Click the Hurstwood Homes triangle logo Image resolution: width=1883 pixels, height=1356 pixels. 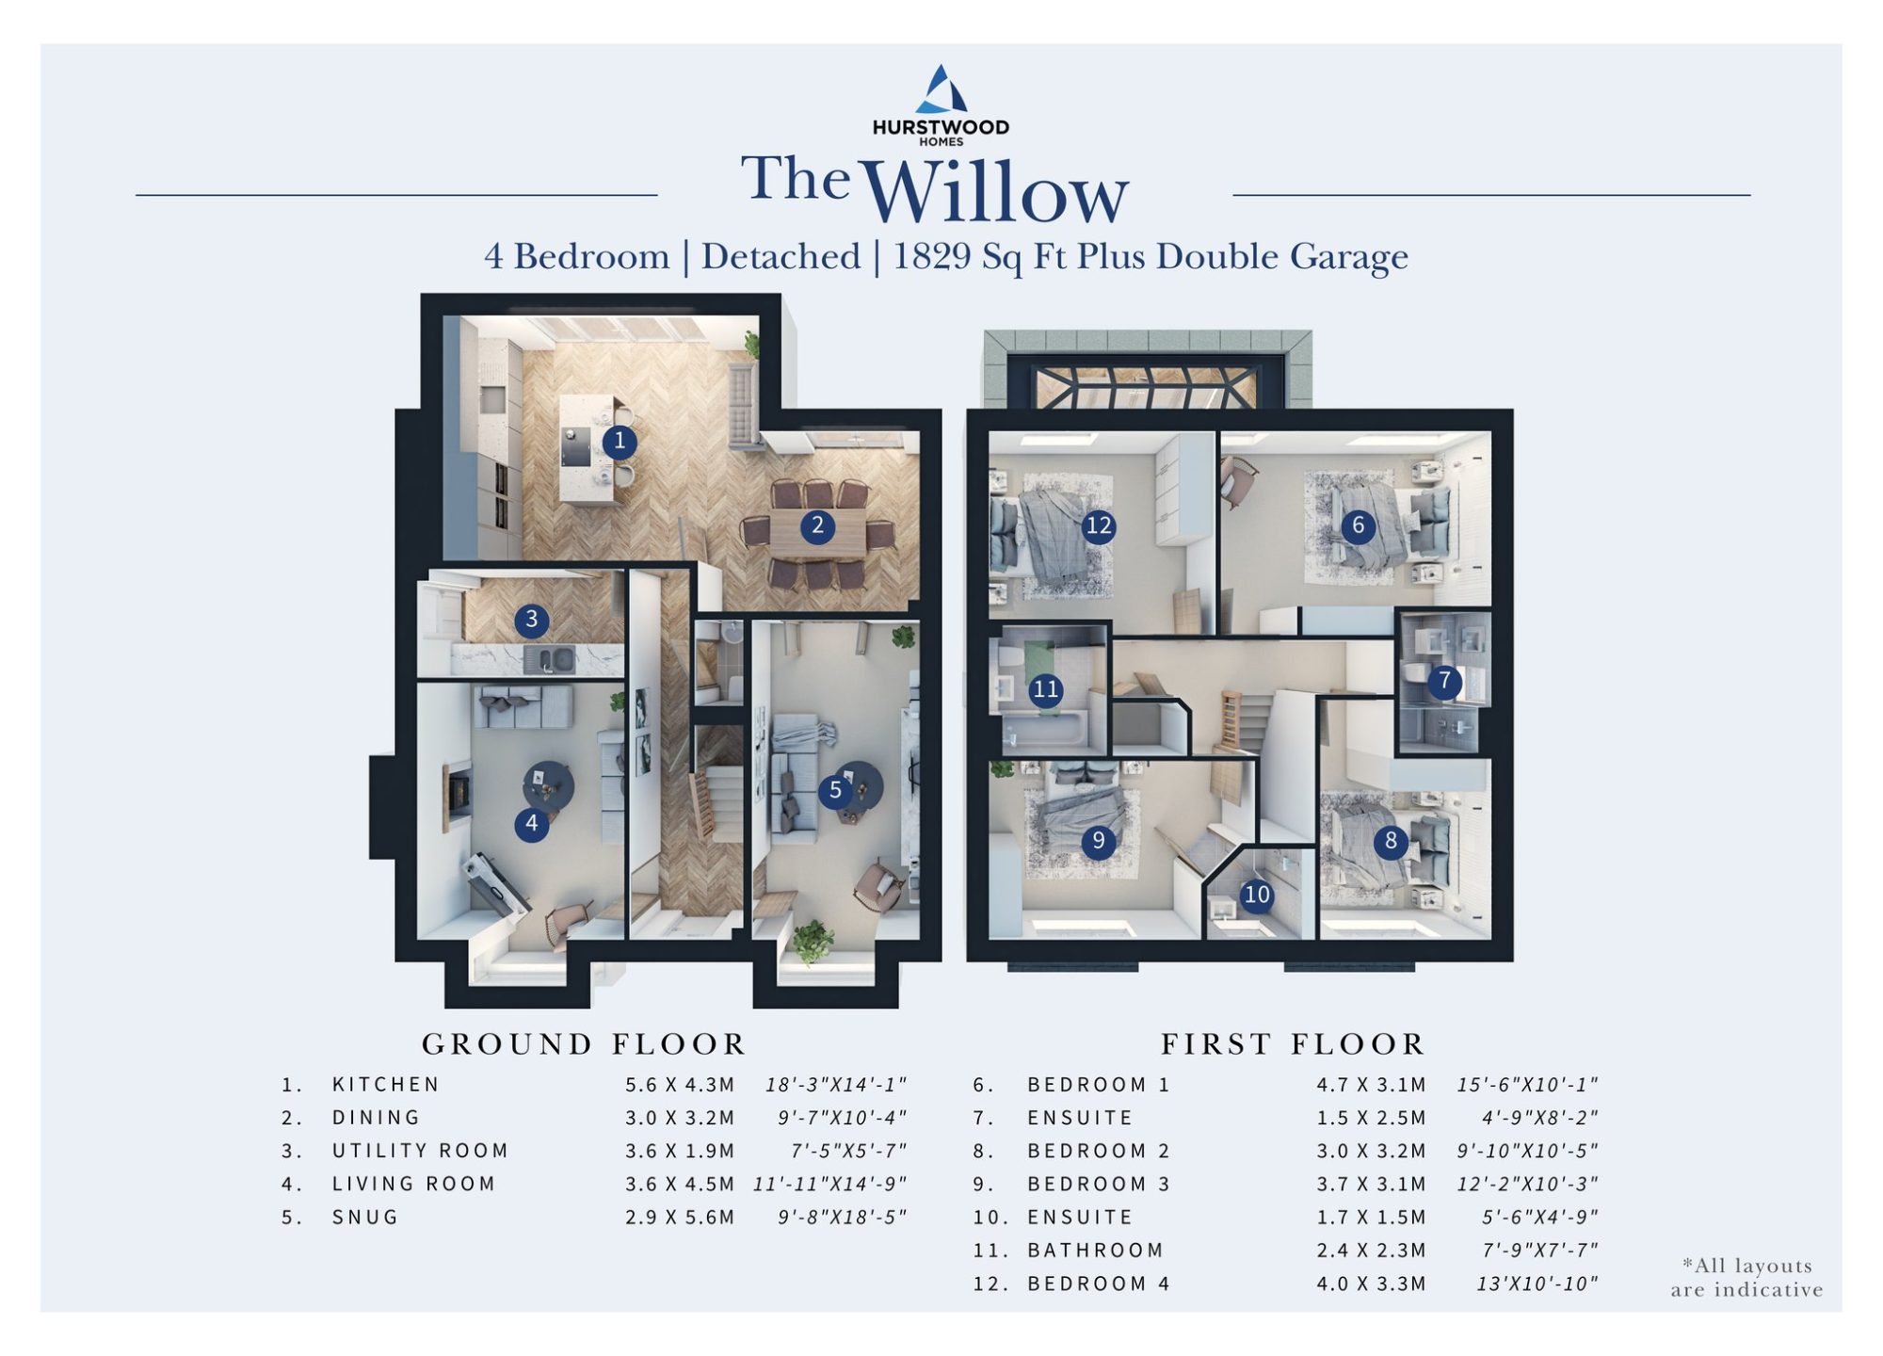[941, 89]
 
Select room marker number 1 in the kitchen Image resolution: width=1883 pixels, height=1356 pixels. [619, 441]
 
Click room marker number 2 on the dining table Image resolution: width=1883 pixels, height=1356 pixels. [817, 525]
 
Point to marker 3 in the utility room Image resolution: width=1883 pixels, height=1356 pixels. [531, 620]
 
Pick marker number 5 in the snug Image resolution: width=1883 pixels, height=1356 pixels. [835, 791]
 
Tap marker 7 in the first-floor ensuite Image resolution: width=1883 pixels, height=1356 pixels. [1444, 681]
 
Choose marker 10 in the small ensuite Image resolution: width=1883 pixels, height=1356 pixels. [1257, 895]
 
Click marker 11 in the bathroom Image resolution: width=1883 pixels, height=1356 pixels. [1045, 690]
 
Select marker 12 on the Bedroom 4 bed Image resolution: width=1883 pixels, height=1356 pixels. [1099, 525]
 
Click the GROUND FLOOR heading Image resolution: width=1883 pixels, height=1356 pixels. [584, 1044]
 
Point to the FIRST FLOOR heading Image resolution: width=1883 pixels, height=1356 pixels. [1293, 1044]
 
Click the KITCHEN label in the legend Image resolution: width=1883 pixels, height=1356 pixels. [386, 1085]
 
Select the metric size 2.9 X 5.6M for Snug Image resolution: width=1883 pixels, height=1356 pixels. [680, 1218]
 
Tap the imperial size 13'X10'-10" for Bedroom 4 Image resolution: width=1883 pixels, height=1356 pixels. [1537, 1283]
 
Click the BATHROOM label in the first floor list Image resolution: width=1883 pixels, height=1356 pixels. [1096, 1251]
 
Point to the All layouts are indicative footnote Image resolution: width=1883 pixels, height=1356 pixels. [1747, 1278]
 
